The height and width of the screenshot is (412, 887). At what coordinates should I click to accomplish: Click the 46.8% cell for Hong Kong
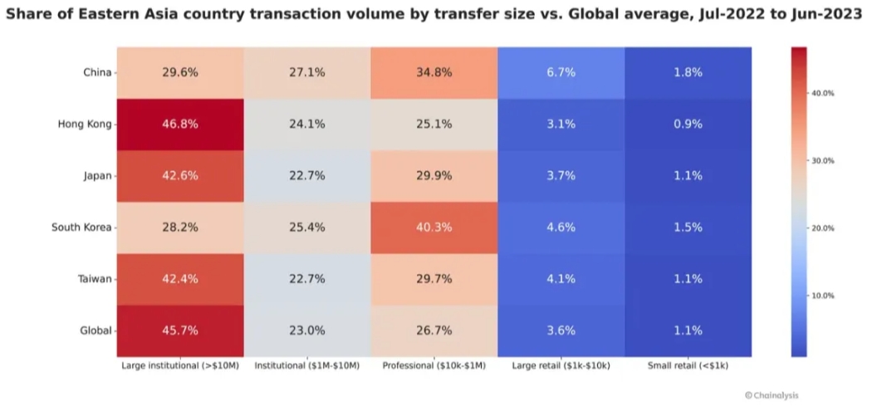[x=180, y=124]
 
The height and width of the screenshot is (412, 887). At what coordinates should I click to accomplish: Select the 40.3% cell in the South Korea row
[x=434, y=227]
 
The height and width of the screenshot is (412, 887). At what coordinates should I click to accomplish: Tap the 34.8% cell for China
[x=434, y=72]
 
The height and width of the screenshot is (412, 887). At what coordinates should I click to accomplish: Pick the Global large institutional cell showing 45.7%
[x=180, y=330]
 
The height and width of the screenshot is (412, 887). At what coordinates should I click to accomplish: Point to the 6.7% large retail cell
[x=561, y=72]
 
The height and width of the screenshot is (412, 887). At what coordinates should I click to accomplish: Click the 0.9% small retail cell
[x=688, y=124]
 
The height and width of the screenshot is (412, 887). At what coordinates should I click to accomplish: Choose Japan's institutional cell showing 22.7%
[x=307, y=175]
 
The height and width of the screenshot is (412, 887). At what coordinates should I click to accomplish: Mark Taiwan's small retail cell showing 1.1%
[x=688, y=278]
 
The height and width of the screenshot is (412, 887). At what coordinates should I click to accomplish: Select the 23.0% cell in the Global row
[x=307, y=330]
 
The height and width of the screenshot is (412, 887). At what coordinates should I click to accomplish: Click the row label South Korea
[x=81, y=227]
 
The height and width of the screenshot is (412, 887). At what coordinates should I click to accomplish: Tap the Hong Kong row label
[x=85, y=124]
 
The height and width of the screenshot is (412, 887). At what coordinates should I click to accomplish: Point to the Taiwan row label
[x=95, y=278]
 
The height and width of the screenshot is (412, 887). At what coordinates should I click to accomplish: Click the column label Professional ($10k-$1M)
[x=434, y=365]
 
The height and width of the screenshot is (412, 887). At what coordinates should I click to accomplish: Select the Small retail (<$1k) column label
[x=689, y=365]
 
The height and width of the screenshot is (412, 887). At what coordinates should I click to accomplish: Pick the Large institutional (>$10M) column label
[x=180, y=365]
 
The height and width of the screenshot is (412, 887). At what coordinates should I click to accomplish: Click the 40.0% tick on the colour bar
[x=822, y=93]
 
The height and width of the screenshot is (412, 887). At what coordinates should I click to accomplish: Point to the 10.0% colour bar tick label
[x=822, y=296]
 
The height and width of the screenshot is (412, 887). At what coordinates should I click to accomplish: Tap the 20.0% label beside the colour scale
[x=822, y=228]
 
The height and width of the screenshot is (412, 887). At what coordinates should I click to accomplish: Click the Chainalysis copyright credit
[x=772, y=395]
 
